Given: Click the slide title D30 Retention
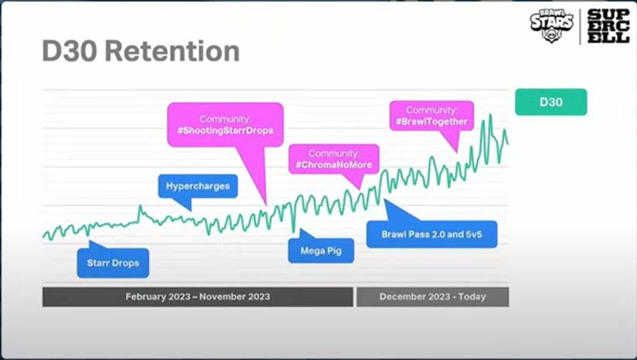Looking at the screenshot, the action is tap(141, 51).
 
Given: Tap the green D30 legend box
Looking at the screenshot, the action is tap(551, 102).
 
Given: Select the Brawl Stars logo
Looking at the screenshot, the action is tap(552, 25).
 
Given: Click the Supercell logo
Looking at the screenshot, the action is tap(608, 26).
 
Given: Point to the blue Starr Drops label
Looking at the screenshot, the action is tap(113, 263).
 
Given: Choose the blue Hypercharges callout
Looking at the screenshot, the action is tap(198, 186).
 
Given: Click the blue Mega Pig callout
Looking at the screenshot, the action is tap(321, 250).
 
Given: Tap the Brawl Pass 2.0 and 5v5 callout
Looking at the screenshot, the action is tap(431, 234).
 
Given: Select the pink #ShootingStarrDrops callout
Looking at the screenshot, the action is tap(225, 125).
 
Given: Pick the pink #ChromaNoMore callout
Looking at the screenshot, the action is tap(333, 159).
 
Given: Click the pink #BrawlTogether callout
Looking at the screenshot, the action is tap(431, 116).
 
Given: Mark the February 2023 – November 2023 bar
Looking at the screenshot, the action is tap(197, 297).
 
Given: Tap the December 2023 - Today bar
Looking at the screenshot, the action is tap(433, 297).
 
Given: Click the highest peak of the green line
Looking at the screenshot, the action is tap(490, 115).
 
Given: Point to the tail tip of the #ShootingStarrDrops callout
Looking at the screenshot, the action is tap(266, 205).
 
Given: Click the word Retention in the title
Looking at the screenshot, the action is tap(172, 51).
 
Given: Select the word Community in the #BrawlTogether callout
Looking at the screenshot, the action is tap(431, 110).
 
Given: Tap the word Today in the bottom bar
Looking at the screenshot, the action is tap(472, 297).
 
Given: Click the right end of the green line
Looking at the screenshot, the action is tap(507, 143).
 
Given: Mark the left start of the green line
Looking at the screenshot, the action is tap(43, 236).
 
